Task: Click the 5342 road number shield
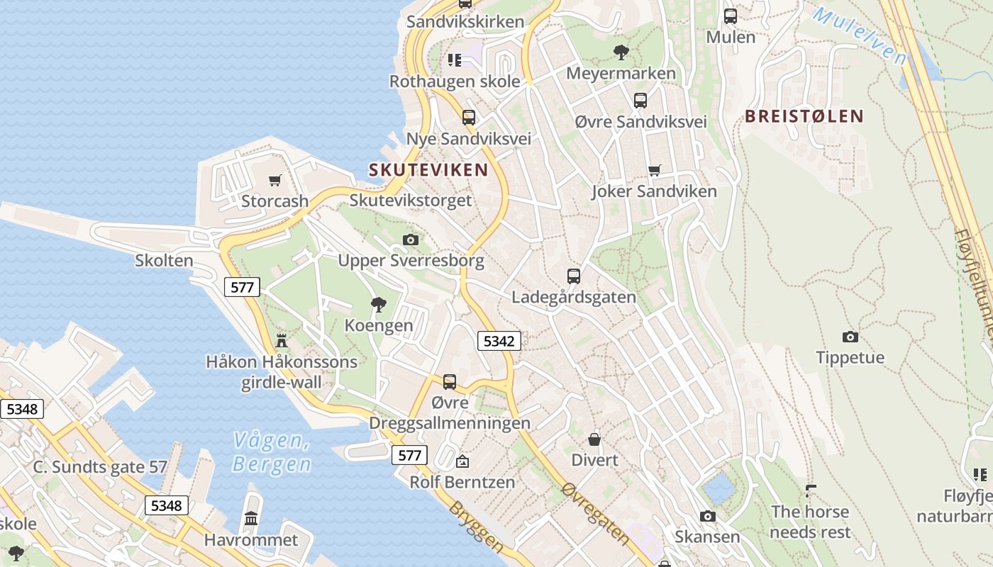pos(499,341)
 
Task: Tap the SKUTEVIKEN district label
pos(428,170)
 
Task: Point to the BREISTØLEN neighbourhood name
pos(804,116)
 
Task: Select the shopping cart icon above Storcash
pos(274,180)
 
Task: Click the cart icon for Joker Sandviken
pos(654,170)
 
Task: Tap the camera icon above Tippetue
pos(850,337)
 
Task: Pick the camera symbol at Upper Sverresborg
pos(410,240)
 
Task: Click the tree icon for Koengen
pos(379,305)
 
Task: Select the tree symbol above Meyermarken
pos(621,52)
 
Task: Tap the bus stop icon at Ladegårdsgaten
pos(574,276)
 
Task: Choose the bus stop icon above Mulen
pos(731,16)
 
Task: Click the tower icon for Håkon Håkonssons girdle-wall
pos(282,341)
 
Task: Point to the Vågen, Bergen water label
pos(272,452)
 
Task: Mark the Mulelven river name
pos(859,35)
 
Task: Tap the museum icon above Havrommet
pos(251,519)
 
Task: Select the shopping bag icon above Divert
pos(594,439)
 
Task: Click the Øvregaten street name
pos(595,513)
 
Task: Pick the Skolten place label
pos(164,261)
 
